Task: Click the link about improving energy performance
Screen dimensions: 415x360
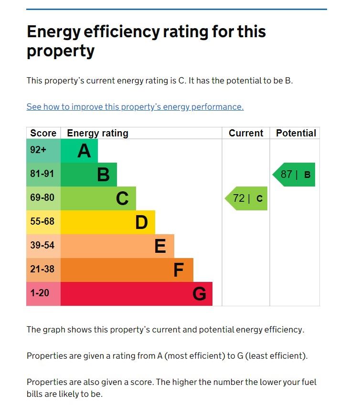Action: (x=135, y=107)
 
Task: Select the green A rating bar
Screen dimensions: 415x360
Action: (x=79, y=151)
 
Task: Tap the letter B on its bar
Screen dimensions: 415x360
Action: (x=103, y=175)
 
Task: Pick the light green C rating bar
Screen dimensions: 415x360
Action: (x=98, y=198)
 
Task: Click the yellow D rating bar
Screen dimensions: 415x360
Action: (x=108, y=222)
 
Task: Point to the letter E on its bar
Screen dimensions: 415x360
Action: (x=160, y=246)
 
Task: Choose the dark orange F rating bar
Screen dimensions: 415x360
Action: (x=127, y=270)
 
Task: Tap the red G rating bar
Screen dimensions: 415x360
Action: (x=137, y=294)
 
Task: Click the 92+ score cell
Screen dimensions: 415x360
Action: (x=43, y=151)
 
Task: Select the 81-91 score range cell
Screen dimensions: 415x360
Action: (x=43, y=175)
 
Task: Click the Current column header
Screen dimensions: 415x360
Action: (x=246, y=133)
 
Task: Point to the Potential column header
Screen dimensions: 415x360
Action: (x=296, y=133)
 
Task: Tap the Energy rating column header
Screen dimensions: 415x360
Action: (x=97, y=133)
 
